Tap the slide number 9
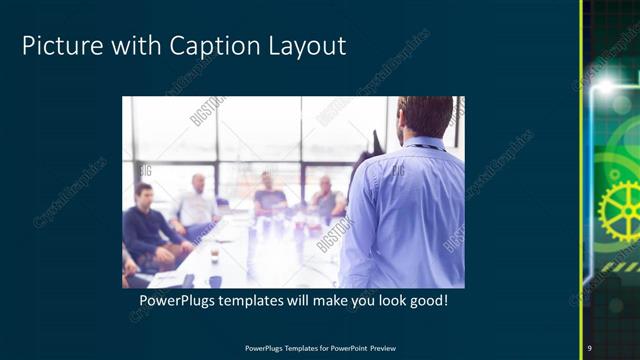tap(590, 347)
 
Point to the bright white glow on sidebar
tap(606, 88)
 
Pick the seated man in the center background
tap(268, 195)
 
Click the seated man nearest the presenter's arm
tap(325, 200)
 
